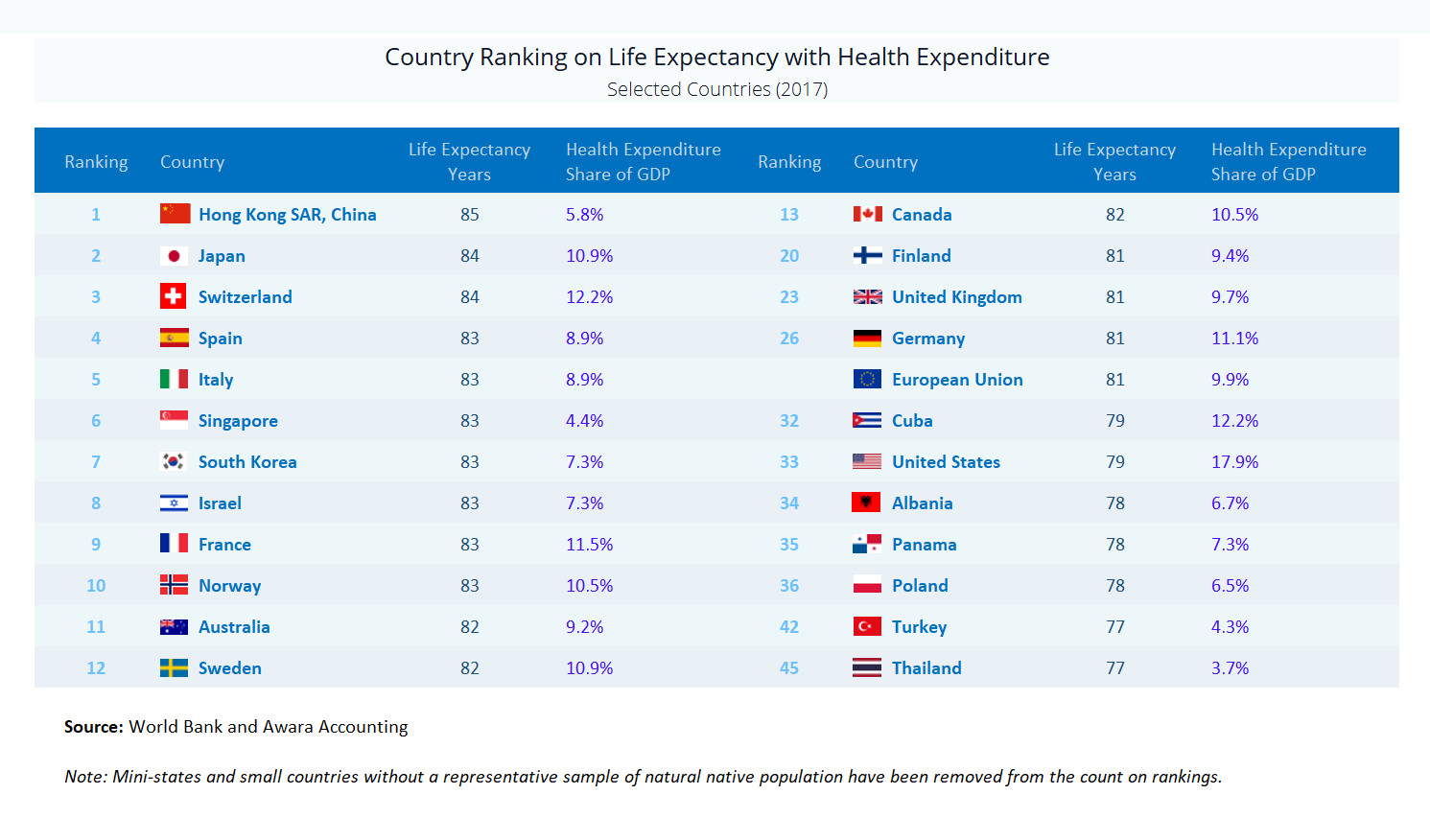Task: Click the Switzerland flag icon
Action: point(174,296)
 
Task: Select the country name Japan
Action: point(222,256)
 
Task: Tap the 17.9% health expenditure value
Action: point(1234,462)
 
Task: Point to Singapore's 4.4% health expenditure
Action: point(584,421)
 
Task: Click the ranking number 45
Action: point(789,668)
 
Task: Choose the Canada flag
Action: point(867,214)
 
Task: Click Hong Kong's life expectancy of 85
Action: point(469,215)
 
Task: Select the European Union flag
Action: point(867,379)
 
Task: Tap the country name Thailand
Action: point(926,668)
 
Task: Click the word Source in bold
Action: point(93,727)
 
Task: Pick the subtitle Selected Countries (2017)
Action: point(716,89)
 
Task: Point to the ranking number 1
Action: point(96,215)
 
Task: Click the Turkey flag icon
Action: point(867,626)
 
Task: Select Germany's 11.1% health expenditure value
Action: point(1234,339)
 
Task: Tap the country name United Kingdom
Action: point(956,297)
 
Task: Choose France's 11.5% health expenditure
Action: point(589,545)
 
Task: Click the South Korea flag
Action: point(174,461)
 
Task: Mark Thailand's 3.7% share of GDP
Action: point(1230,668)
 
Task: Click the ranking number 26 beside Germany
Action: point(789,339)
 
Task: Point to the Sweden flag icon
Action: point(174,667)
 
